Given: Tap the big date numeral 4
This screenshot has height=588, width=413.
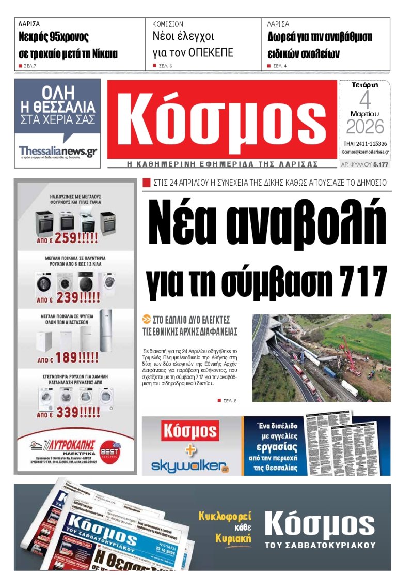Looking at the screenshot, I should tap(364, 100).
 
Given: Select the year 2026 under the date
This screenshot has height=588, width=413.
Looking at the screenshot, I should tap(365, 127).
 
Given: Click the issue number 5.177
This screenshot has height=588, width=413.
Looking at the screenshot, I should tap(380, 164).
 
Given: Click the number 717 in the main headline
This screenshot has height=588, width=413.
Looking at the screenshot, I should tap(358, 282).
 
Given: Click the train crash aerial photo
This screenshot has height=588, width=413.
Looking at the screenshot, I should tap(321, 358).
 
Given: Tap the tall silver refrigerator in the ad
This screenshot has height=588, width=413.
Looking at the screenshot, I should tap(105, 331).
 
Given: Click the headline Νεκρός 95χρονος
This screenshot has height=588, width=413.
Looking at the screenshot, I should tap(54, 37).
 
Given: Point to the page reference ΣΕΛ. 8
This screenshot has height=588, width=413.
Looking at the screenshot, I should tap(229, 401).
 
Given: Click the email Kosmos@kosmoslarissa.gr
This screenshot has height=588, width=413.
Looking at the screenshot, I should tap(365, 152).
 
